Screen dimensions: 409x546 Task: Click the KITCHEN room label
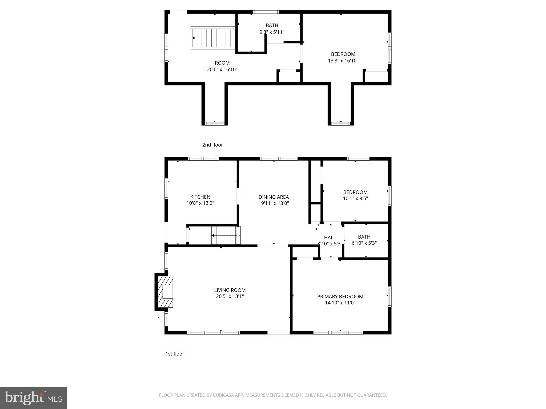click(x=200, y=197)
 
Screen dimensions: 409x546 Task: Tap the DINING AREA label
click(x=274, y=197)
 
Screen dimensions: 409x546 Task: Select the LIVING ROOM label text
click(x=230, y=290)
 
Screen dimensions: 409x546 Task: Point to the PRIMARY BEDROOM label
click(x=340, y=296)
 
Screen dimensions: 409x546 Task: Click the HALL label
click(x=330, y=238)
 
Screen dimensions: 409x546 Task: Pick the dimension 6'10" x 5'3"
click(x=364, y=243)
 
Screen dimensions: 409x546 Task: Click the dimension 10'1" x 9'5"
click(x=355, y=198)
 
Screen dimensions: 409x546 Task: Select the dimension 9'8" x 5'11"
click(x=272, y=32)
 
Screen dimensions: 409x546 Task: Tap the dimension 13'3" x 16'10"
click(x=343, y=61)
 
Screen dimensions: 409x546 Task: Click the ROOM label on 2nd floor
click(x=222, y=63)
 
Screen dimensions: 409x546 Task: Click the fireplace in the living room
click(x=166, y=292)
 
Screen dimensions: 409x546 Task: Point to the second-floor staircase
click(x=213, y=38)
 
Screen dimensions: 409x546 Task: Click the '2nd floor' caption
click(x=212, y=145)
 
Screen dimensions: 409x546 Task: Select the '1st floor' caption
click(x=175, y=354)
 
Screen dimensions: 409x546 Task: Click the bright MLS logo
click(x=33, y=398)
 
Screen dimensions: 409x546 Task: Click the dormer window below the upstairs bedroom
click(x=341, y=124)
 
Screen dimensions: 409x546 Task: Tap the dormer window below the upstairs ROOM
click(x=215, y=124)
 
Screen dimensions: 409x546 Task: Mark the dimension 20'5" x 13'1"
click(x=230, y=296)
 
